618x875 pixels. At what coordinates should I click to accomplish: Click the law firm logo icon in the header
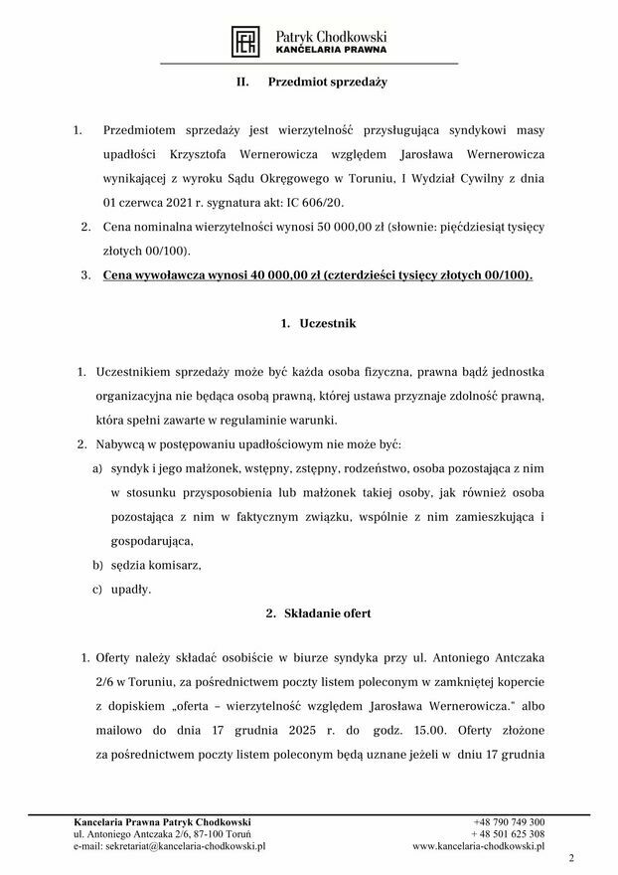pyautogui.click(x=244, y=40)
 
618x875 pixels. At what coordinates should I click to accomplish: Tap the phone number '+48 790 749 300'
pyautogui.click(x=509, y=822)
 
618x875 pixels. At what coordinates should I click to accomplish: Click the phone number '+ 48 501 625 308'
pyautogui.click(x=508, y=834)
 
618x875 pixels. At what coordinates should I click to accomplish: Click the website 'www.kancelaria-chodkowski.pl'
pyautogui.click(x=479, y=846)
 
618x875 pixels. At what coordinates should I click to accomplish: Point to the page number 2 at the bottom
pyautogui.click(x=571, y=858)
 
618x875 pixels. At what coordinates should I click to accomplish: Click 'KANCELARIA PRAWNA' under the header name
pyautogui.click(x=331, y=48)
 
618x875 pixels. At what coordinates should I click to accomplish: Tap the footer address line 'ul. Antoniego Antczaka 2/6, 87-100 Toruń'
pyautogui.click(x=166, y=834)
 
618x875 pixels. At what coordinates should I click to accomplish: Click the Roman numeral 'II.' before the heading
pyautogui.click(x=243, y=84)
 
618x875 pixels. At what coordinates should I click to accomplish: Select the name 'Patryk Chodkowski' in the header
pyautogui.click(x=331, y=33)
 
